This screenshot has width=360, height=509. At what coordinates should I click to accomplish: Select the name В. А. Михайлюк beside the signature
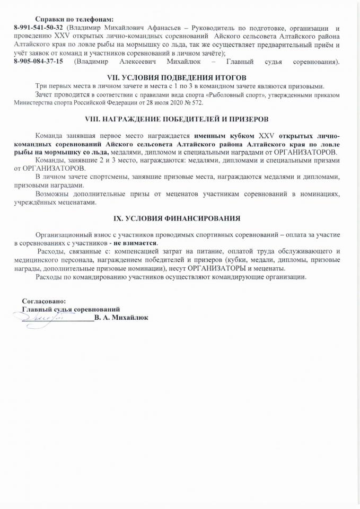click(121, 318)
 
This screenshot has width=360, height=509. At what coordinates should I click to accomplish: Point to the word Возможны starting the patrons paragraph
click(53, 195)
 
